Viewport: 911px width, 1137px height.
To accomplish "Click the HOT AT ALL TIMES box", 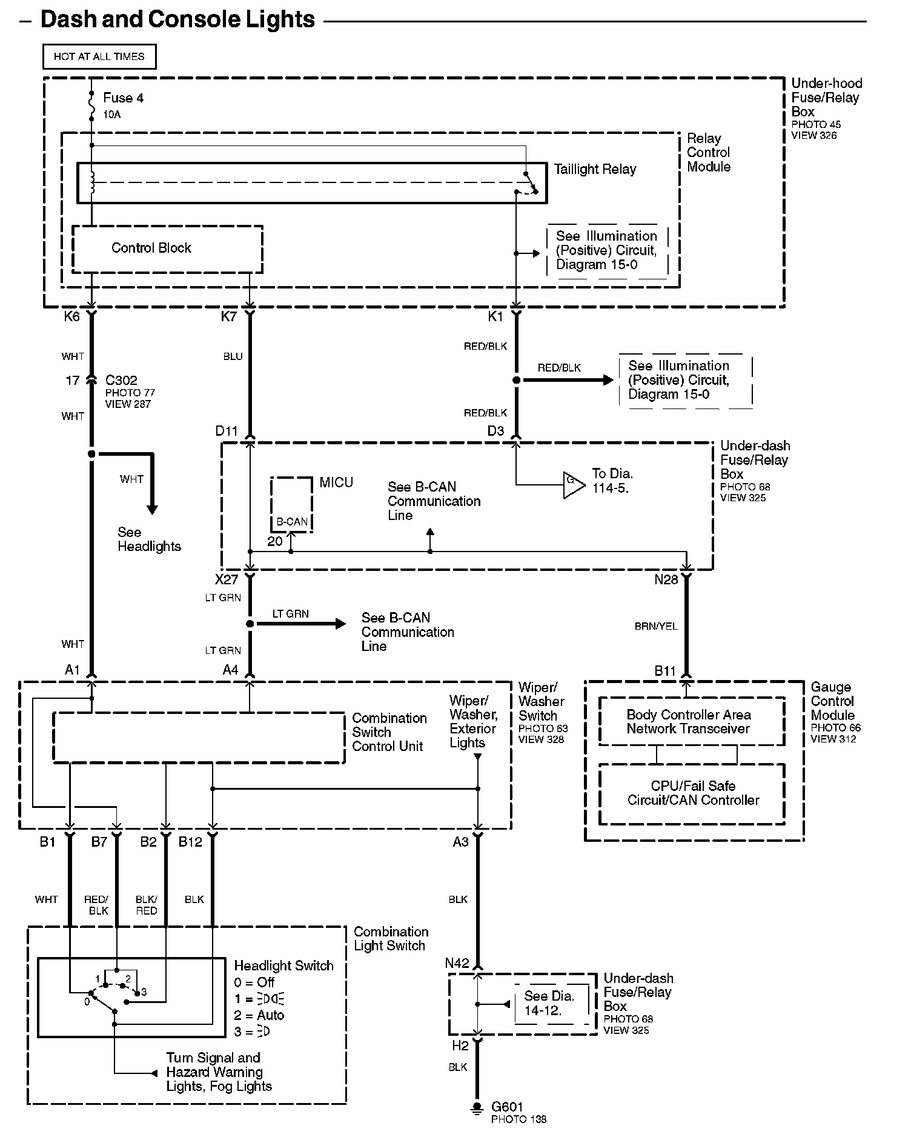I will [x=99, y=56].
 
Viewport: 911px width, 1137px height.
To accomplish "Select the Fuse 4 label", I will [x=123, y=98].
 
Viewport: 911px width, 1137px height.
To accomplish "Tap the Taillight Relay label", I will [x=595, y=170].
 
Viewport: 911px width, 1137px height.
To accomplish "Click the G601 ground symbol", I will [x=477, y=1107].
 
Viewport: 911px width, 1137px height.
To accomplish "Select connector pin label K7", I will [x=228, y=316].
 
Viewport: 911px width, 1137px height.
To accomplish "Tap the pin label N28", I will [x=666, y=580].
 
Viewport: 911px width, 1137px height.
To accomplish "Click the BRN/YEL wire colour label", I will [x=656, y=626].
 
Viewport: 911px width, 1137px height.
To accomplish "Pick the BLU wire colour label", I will [x=233, y=356].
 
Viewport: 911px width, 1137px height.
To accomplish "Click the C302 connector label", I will [x=121, y=381].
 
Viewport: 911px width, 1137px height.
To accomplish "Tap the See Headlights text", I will [x=148, y=539].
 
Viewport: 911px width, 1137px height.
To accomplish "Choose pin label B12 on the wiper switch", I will [x=190, y=842].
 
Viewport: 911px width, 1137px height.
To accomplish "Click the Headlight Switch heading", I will [x=283, y=965].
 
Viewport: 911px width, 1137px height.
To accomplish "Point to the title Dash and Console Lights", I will [x=177, y=20].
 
